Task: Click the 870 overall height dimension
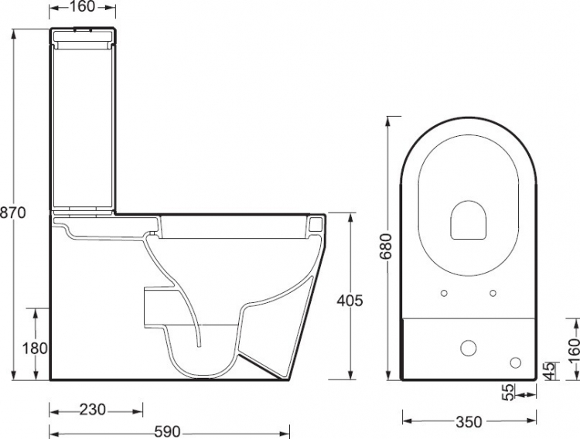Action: click(x=13, y=213)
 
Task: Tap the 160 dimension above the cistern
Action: click(x=82, y=6)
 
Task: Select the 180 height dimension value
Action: click(x=35, y=349)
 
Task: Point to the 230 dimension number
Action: click(x=93, y=410)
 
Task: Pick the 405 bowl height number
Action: click(x=350, y=301)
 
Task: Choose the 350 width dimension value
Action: click(x=469, y=422)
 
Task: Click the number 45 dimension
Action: click(x=551, y=370)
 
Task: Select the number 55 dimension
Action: click(x=509, y=392)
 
